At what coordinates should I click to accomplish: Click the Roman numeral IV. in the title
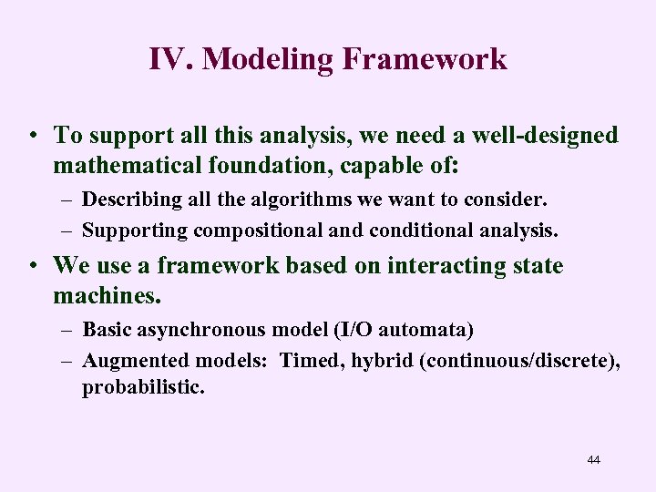pos(170,59)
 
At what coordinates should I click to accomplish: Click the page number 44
pos(594,460)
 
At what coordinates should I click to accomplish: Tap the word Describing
pos(126,199)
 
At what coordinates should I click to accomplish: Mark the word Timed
pos(307,362)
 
